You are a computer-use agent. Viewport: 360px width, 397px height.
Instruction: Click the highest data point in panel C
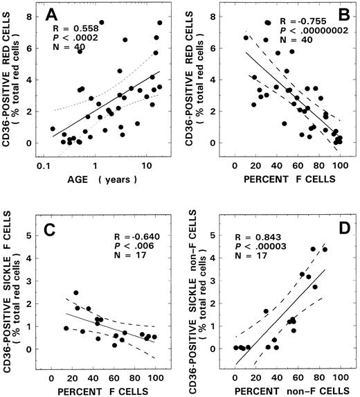pos(76,293)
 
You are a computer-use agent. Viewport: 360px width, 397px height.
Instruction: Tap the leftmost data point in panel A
pos(53,129)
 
